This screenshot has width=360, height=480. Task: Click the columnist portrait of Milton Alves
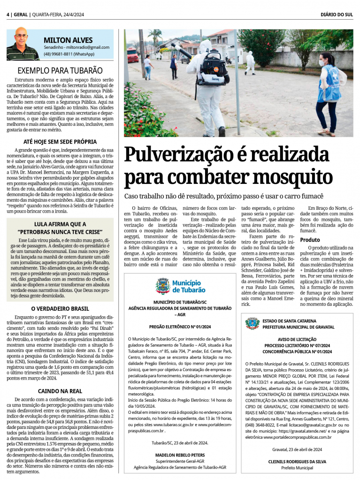(23, 44)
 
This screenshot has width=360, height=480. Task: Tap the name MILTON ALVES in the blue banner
(68, 40)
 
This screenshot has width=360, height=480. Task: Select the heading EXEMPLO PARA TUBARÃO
(60, 70)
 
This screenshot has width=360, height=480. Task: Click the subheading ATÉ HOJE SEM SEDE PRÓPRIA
(60, 141)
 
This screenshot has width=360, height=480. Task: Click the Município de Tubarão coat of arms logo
(163, 285)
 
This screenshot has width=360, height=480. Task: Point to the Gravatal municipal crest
(252, 323)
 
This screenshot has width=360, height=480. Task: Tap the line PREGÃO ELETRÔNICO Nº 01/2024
(180, 326)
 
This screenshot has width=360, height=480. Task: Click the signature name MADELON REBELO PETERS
(180, 455)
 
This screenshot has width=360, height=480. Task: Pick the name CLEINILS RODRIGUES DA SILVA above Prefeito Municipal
(297, 461)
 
